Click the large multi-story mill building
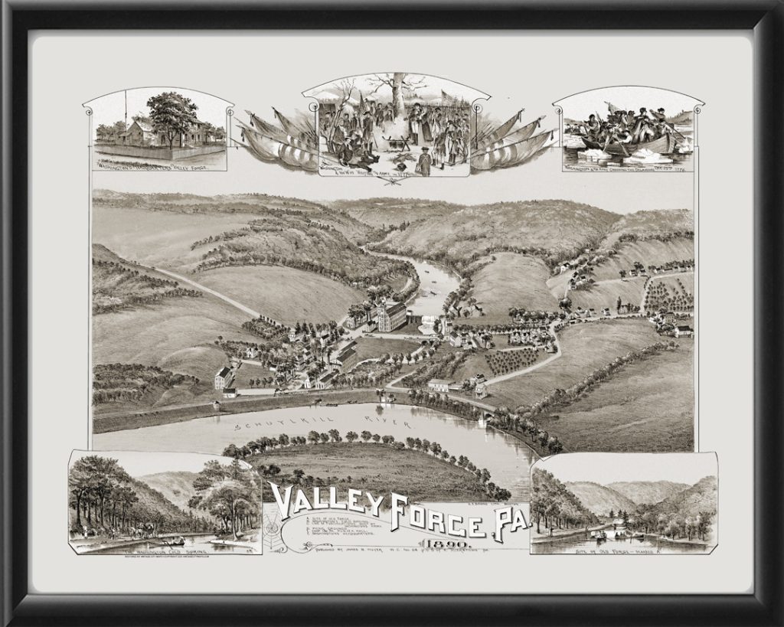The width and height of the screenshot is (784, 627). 390,316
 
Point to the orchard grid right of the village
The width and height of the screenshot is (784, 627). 513,360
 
